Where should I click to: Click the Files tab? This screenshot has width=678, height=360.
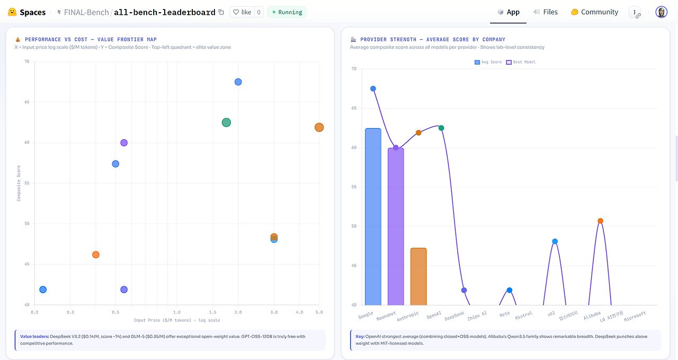546,12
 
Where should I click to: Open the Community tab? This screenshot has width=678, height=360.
594,12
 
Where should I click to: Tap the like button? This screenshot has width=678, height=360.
242,12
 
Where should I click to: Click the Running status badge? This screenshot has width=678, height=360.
287,12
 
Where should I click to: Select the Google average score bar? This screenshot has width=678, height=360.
373,217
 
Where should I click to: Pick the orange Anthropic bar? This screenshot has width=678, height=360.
418,276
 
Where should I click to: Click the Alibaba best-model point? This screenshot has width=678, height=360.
600,221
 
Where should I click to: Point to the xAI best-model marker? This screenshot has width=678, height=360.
555,241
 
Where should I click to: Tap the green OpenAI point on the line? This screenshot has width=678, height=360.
441,128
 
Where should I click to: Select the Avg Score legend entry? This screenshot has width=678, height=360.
488,62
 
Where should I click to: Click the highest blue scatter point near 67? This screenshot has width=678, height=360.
238,82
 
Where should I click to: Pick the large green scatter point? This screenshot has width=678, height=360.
226,122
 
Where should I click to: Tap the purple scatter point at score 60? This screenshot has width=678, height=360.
124,143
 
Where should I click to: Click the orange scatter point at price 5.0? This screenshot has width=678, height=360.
319,128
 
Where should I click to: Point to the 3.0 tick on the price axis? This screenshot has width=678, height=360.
274,312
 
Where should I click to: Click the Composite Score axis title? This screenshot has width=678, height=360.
19,183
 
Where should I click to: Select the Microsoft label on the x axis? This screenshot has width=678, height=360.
635,317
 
